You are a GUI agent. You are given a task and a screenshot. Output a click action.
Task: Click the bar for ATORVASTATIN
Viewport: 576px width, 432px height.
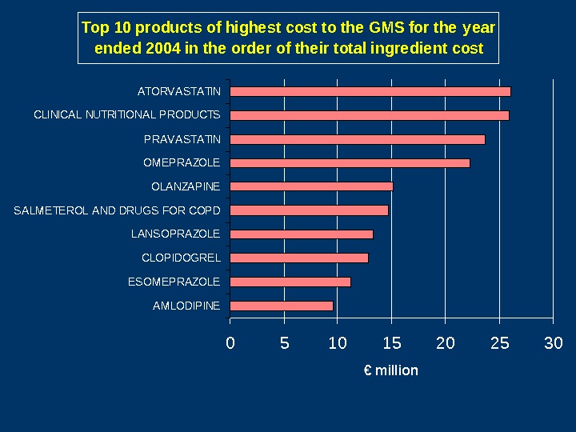pos(370,91)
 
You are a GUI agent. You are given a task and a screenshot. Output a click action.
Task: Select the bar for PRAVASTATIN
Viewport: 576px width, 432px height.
pos(357,139)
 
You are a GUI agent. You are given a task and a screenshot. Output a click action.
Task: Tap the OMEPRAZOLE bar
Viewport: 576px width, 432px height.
pos(350,163)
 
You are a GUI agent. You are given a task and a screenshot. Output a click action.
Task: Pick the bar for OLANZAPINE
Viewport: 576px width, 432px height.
pos(311,186)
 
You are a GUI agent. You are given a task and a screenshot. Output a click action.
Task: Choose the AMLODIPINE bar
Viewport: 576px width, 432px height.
pos(281,306)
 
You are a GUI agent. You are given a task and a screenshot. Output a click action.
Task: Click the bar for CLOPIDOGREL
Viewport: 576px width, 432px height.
pos(298,258)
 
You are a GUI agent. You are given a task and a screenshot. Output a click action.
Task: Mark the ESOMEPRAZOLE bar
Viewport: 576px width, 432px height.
pos(290,282)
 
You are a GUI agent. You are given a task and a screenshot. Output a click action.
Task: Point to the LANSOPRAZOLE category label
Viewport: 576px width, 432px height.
pos(175,234)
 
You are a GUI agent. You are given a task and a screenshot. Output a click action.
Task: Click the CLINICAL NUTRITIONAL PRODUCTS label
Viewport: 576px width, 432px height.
pos(126,115)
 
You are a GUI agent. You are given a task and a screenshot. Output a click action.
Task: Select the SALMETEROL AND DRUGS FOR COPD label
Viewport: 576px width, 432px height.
pos(117,210)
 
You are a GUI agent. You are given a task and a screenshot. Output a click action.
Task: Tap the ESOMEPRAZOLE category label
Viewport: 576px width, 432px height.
pos(174,282)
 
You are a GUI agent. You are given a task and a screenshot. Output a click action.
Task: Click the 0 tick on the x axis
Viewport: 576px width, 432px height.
pos(230,343)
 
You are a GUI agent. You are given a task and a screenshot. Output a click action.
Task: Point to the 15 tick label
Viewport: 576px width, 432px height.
pos(391,343)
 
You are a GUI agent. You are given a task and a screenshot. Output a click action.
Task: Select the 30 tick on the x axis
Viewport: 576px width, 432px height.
pos(553,343)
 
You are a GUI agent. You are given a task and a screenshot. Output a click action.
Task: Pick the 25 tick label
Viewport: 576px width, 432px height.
pos(499,343)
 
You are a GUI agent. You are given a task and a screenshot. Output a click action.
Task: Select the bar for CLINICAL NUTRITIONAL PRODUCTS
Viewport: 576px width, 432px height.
pos(369,115)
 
